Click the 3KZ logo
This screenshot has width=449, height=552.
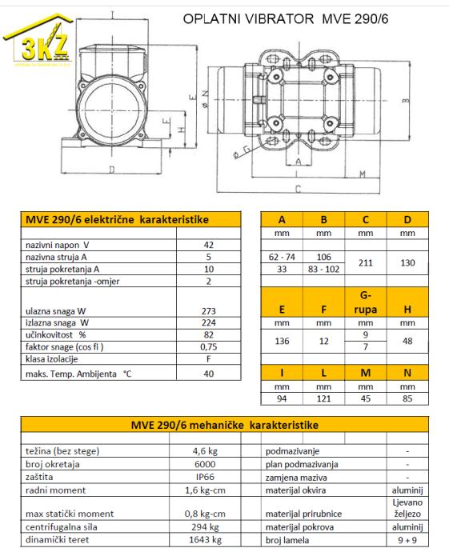pos(38,41)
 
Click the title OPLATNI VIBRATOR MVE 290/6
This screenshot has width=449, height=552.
pos(285,18)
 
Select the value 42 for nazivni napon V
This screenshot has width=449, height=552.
pos(208,245)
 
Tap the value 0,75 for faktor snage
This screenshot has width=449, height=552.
pos(208,346)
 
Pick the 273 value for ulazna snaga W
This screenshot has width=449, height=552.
pos(208,311)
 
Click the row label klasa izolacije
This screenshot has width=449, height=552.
pos(52,359)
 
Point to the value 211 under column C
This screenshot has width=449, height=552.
pos(366,262)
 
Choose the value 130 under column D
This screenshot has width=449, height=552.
pos(407,262)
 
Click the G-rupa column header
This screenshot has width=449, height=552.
pos(366,302)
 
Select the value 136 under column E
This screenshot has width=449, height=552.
pos(282,341)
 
